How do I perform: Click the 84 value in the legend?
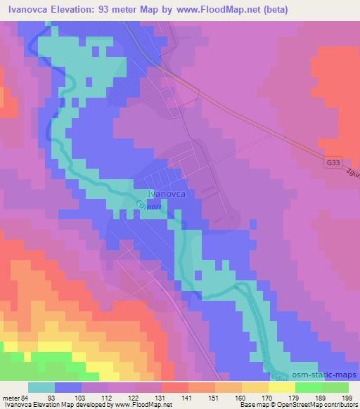point(25,397)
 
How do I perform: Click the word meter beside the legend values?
point(10,397)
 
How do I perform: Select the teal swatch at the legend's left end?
point(41,387)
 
